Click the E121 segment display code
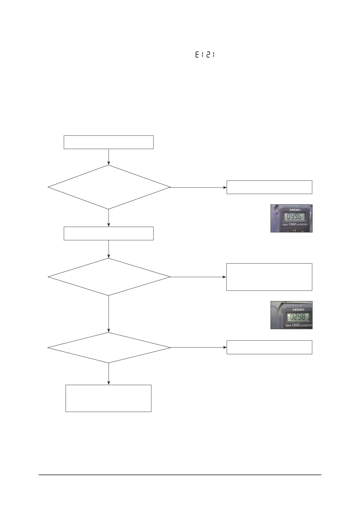point(205,55)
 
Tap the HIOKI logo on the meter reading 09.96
point(295,210)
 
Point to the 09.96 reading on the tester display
point(294,217)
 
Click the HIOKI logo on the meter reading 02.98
point(298,310)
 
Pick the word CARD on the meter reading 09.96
point(293,225)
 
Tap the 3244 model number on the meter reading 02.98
point(288,326)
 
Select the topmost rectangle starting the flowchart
point(109,142)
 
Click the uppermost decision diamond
point(109,187)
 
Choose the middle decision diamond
point(109,277)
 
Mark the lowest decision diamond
point(109,348)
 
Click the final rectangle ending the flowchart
point(109,398)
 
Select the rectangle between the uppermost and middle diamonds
point(109,233)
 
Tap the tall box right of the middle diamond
point(269,277)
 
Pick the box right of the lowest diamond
point(269,347)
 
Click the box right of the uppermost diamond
point(269,187)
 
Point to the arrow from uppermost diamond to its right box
point(198,187)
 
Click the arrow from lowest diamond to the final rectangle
point(109,374)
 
